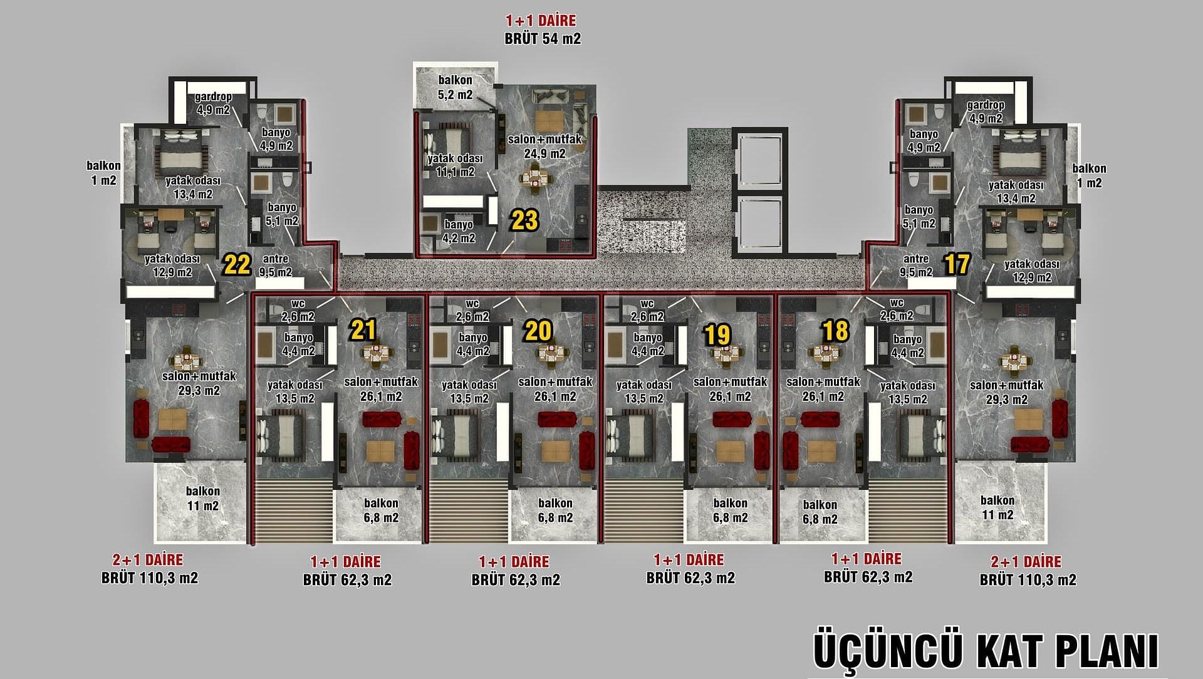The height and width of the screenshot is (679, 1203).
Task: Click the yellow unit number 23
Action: pyautogui.click(x=524, y=220)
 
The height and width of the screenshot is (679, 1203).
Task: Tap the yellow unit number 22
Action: pyautogui.click(x=237, y=265)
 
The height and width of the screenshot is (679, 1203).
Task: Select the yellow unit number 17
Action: pyautogui.click(x=957, y=264)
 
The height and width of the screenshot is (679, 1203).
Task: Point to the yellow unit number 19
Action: pyautogui.click(x=717, y=335)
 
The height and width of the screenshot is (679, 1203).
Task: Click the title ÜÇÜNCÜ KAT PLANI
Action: pyautogui.click(x=985, y=651)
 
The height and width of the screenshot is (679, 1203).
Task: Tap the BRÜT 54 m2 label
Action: pyautogui.click(x=543, y=39)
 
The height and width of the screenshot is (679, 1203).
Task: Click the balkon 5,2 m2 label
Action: pyautogui.click(x=456, y=88)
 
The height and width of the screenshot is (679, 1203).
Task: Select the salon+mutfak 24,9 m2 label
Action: pyautogui.click(x=544, y=146)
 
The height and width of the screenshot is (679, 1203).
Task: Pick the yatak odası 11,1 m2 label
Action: pyautogui.click(x=456, y=165)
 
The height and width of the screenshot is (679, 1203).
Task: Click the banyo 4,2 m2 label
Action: pyautogui.click(x=459, y=231)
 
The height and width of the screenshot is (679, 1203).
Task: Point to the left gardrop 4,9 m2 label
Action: pyautogui.click(x=214, y=103)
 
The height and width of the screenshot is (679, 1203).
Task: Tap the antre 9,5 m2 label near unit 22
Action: pyautogui.click(x=276, y=266)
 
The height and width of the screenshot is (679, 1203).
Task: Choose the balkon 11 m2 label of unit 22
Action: pyautogui.click(x=202, y=499)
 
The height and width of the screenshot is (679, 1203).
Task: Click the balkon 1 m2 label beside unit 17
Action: pyautogui.click(x=1089, y=176)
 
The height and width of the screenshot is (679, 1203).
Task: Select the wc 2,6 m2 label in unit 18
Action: pyautogui.click(x=897, y=309)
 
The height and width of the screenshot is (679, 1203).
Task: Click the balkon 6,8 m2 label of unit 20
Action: pyautogui.click(x=555, y=511)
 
